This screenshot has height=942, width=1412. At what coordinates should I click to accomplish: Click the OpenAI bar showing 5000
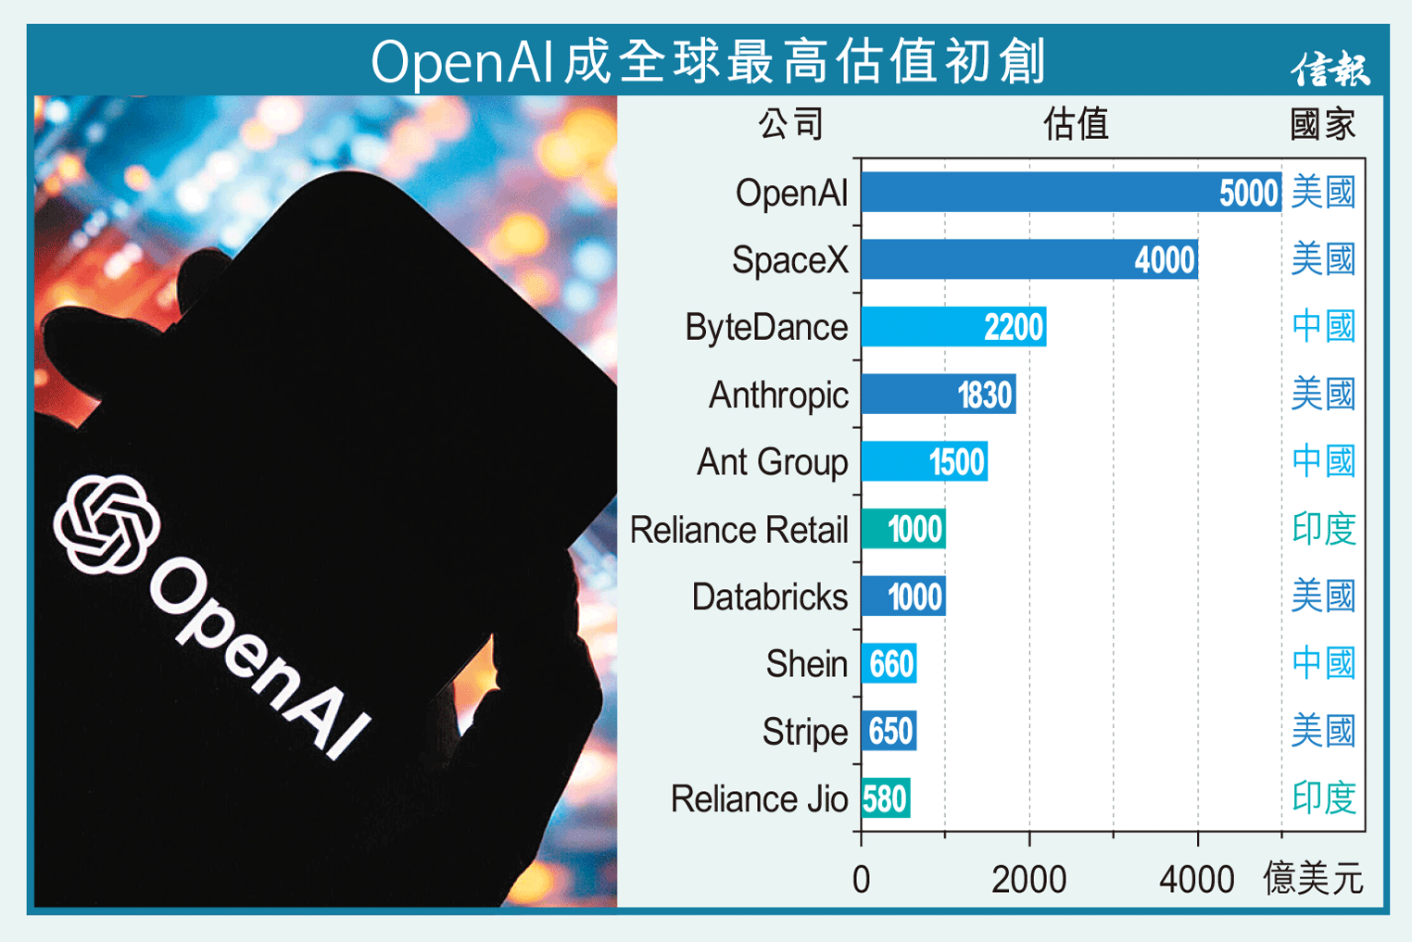coord(1070,193)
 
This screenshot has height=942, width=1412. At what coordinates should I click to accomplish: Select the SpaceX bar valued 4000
coord(1028,260)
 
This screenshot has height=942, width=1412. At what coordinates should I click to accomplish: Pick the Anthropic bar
coord(938,395)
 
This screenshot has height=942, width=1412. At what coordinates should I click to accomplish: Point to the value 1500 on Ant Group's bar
coord(956,462)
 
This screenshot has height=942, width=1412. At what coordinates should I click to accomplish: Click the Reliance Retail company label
coord(738,530)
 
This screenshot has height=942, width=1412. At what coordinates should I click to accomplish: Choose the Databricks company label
coord(769,597)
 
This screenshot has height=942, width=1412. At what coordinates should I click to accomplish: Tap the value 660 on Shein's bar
coord(891,664)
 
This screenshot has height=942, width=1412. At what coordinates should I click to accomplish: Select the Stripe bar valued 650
coord(889,732)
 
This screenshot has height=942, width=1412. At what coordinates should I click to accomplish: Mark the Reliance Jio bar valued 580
coord(885,798)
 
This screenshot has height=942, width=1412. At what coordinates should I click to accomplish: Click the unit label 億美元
coord(1313,878)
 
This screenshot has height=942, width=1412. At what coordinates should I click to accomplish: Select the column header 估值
coord(1076,124)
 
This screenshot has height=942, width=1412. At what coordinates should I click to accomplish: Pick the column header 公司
coord(790,124)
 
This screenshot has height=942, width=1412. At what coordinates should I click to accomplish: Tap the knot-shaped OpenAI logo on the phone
coord(106,525)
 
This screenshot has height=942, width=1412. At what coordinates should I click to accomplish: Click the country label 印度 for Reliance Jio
coord(1324,798)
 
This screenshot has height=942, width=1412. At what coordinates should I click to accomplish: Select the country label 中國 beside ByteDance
coord(1324,327)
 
